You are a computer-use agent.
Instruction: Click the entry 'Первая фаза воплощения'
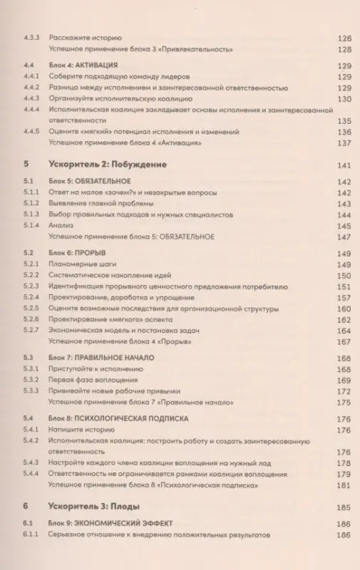92,381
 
